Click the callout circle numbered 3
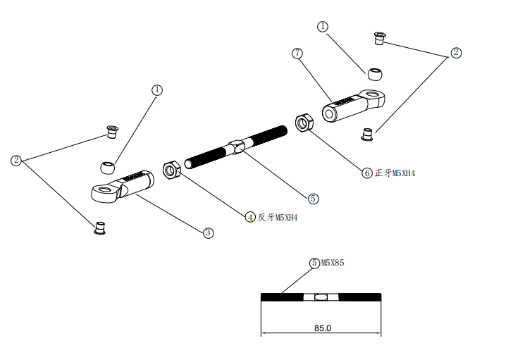208,232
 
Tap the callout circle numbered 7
297,54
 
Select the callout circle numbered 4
250,217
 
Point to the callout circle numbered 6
367,173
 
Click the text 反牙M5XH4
278,218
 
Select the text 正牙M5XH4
395,173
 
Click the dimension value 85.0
321,328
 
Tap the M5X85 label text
332,263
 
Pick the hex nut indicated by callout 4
171,170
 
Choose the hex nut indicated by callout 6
304,123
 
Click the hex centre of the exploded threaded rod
237,147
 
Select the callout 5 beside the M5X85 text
314,263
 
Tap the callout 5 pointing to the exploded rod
313,199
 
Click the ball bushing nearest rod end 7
374,73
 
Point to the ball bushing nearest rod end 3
107,168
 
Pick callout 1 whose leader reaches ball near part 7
323,27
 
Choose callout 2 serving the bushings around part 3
16,161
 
